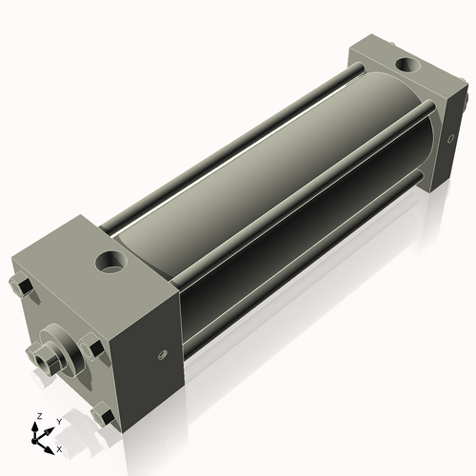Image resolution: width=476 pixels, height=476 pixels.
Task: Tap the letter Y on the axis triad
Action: pyautogui.click(x=58, y=421)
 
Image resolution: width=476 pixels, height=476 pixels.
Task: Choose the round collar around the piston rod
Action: pyautogui.click(x=59, y=347)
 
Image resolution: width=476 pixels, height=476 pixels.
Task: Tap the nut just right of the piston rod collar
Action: pyautogui.click(x=91, y=348)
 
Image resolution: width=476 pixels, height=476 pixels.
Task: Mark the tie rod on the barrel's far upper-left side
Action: pyautogui.click(x=228, y=143)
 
